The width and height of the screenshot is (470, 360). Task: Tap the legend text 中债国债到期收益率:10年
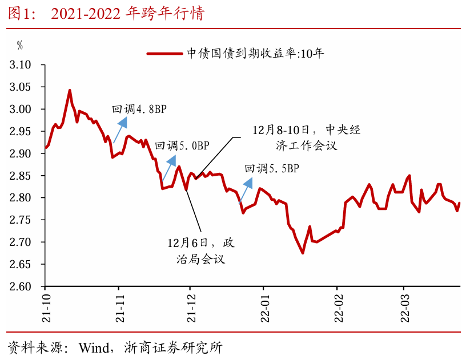click(255, 54)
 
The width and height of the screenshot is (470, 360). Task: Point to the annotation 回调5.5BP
click(271, 168)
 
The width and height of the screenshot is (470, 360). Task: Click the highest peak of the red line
click(70, 90)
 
